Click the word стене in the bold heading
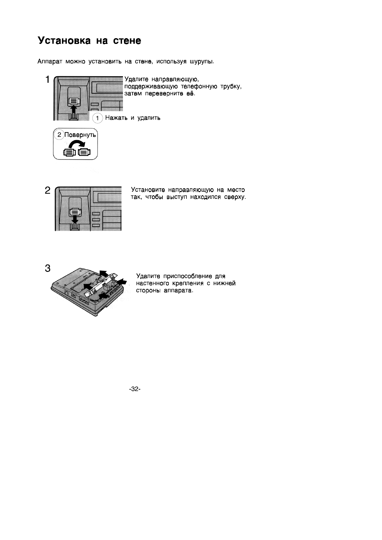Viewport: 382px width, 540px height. pos(127,41)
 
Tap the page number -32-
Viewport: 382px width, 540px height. pos(135,389)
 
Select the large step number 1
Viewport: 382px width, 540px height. pos(48,80)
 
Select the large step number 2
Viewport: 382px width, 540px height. pos(48,191)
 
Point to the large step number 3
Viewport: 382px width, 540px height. pos(48,268)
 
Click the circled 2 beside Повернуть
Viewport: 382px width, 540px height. pos(59,135)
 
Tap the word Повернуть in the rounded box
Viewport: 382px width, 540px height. pos(80,135)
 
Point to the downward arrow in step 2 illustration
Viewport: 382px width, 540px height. pos(75,219)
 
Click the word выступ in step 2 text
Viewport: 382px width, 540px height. pos(177,197)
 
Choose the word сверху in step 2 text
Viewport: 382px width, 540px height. pos(235,197)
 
